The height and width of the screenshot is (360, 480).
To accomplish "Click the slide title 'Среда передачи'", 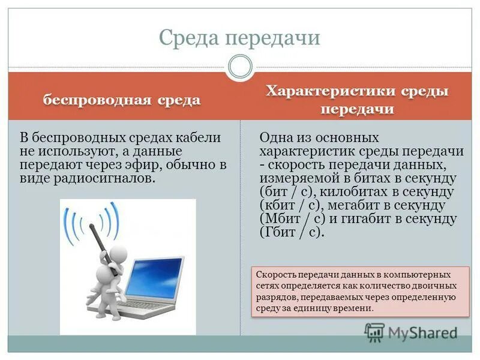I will click(x=239, y=38).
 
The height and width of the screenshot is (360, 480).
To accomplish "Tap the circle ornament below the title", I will click(x=240, y=67).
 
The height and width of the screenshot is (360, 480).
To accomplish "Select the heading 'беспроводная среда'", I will click(x=121, y=100).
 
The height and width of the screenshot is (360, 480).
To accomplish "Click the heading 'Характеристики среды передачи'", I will click(x=358, y=100).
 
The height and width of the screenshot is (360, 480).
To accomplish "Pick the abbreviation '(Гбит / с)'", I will click(x=291, y=232).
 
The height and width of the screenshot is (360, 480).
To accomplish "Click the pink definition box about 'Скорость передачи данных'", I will click(x=360, y=292).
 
